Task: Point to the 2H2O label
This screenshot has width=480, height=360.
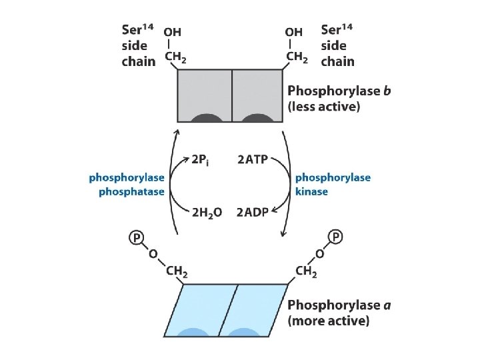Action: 207,213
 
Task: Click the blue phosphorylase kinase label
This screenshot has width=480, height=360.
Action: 332,185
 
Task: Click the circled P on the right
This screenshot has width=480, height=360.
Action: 336,238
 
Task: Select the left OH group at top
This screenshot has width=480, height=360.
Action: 172,32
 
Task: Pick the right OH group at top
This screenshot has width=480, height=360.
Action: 293,32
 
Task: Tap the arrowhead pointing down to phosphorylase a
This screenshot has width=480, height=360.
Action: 284,233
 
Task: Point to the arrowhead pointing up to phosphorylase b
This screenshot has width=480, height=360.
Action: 177,132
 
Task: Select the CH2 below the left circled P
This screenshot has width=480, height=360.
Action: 175,272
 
